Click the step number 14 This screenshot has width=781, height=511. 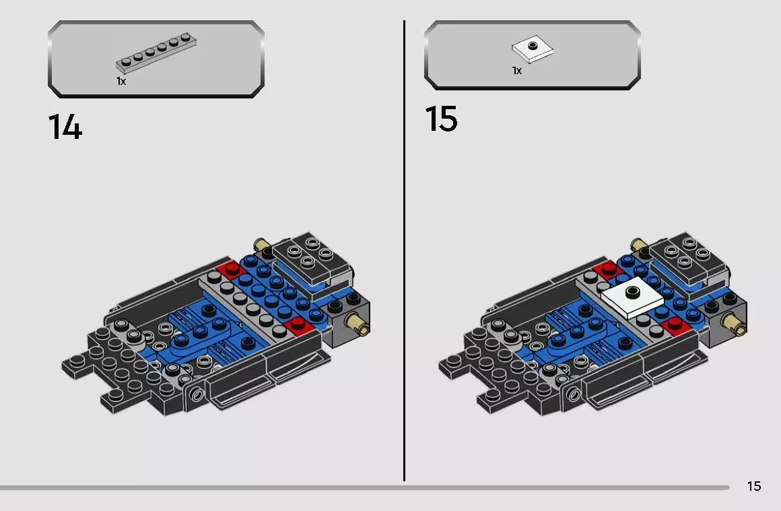click(65, 127)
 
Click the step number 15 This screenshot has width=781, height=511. click(441, 119)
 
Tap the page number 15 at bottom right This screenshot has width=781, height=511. click(753, 486)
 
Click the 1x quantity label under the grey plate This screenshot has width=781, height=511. click(121, 81)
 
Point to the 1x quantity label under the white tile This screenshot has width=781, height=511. click(517, 70)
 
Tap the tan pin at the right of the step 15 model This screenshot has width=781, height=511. click(735, 326)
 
